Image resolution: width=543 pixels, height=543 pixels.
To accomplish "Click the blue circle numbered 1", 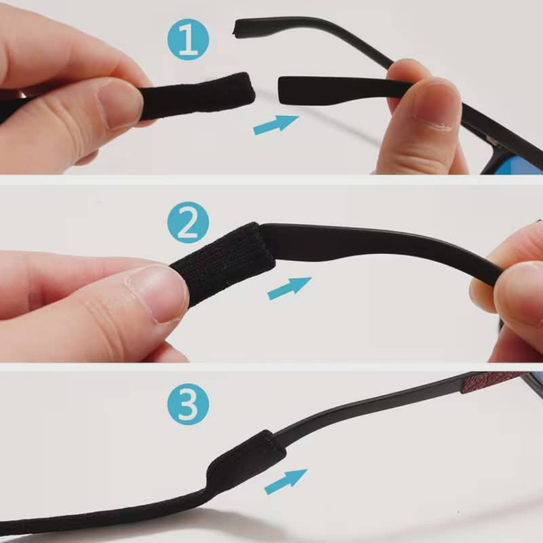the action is pyautogui.click(x=188, y=39).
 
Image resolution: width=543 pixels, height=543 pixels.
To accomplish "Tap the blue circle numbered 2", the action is pyautogui.click(x=188, y=222).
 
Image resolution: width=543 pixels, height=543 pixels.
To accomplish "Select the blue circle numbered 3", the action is pyautogui.click(x=188, y=404).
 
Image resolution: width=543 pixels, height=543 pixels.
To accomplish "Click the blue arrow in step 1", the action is pyautogui.click(x=276, y=125).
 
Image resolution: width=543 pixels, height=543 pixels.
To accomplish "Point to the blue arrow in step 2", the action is pyautogui.click(x=290, y=288).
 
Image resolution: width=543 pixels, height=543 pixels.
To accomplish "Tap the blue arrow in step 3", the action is pyautogui.click(x=286, y=481).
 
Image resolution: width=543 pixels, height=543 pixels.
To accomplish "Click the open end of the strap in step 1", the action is pyautogui.click(x=250, y=90).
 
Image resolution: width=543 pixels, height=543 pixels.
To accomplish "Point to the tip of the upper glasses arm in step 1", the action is pyautogui.click(x=236, y=29).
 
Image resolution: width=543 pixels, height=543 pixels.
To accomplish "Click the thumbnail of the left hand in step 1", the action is pyautogui.click(x=119, y=104).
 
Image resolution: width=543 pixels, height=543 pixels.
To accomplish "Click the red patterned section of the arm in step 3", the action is pyautogui.click(x=492, y=382).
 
